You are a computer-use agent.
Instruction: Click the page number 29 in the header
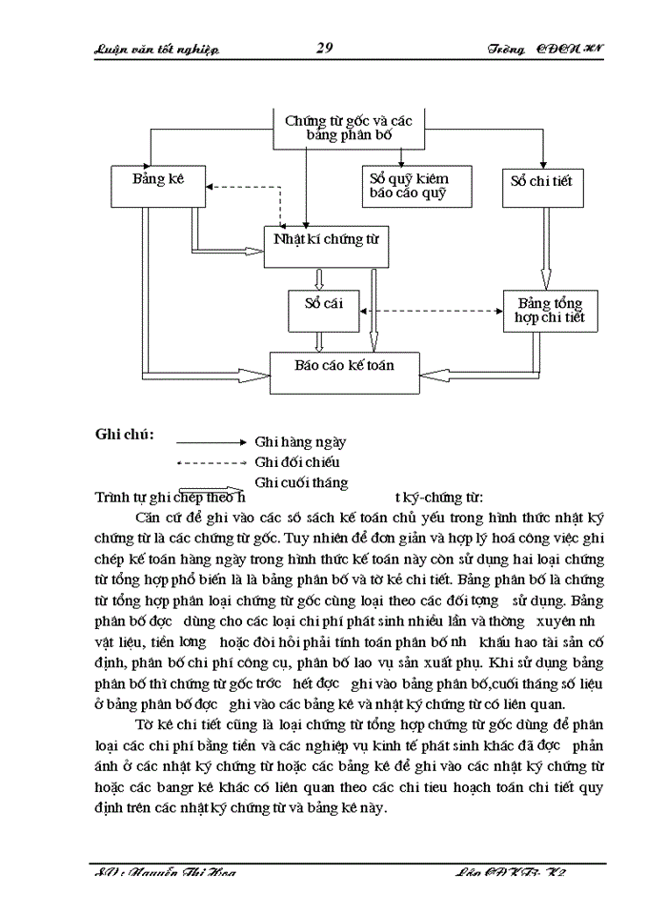(323, 49)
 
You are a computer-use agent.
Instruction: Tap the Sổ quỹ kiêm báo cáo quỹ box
(408, 186)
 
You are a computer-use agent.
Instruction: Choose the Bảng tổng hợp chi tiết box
(550, 309)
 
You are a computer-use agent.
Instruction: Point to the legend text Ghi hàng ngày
(300, 442)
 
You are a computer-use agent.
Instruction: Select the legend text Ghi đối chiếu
(297, 462)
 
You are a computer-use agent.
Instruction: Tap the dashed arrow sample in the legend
(212, 463)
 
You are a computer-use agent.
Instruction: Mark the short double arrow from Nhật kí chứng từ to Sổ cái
(321, 278)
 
